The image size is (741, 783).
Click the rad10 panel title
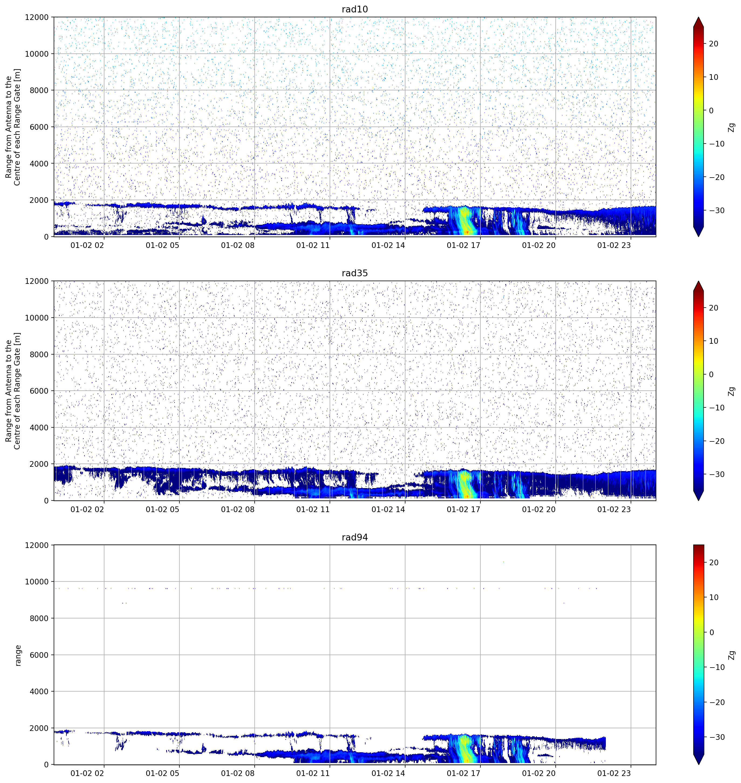pyautogui.click(x=355, y=9)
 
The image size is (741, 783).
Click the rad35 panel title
pyautogui.click(x=355, y=273)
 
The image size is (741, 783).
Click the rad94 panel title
pyautogui.click(x=355, y=537)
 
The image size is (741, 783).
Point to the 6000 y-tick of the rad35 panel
pyautogui.click(x=39, y=391)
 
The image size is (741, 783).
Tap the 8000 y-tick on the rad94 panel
pyautogui.click(x=39, y=618)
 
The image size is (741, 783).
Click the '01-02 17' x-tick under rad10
pyautogui.click(x=463, y=245)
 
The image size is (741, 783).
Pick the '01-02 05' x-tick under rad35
pyautogui.click(x=162, y=509)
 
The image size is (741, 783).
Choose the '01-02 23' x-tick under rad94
pyautogui.click(x=614, y=773)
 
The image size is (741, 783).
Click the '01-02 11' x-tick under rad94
pyautogui.click(x=313, y=773)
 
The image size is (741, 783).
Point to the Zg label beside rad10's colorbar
pyautogui.click(x=732, y=127)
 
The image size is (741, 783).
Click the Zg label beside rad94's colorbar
pyautogui.click(x=732, y=655)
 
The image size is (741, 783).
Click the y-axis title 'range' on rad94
pyautogui.click(x=18, y=655)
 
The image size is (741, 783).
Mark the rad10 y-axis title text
pyautogui.click(x=13, y=127)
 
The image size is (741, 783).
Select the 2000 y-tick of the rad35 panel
pyautogui.click(x=39, y=464)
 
